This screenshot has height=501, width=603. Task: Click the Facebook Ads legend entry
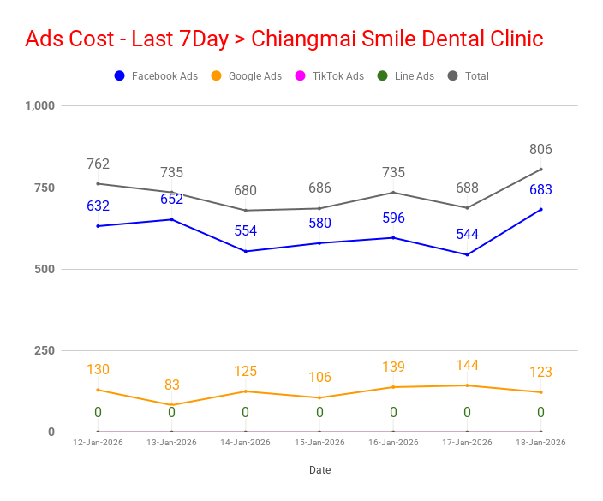156,75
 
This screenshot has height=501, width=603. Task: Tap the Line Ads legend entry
405,75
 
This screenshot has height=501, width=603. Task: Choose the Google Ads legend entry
246,75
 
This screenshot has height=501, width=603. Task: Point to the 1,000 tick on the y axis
40,105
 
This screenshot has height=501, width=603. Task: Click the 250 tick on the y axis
45,350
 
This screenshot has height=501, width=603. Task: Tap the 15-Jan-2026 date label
319,443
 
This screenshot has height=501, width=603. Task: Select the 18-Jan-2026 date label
540,443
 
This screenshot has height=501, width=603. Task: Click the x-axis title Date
320,470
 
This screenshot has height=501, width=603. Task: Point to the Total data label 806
540,149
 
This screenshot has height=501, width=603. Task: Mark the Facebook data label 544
468,234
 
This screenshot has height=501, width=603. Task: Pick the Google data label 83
172,385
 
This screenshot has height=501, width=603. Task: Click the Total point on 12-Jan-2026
98,184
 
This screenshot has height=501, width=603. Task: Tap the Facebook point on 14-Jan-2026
246,252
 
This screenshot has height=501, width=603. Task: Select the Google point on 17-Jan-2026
468,385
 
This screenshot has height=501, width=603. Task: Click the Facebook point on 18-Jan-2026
541,210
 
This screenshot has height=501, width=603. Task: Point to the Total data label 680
245,190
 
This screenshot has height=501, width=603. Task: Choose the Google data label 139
393,367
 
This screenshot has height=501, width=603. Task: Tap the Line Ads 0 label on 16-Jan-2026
393,412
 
